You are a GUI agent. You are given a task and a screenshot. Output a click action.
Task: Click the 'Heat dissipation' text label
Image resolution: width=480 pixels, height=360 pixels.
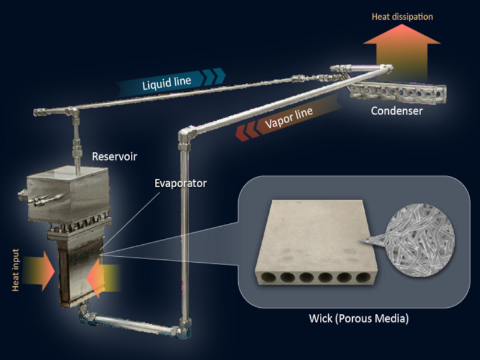point(403,17)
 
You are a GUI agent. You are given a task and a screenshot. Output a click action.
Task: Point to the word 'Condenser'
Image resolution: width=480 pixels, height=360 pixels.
point(397,111)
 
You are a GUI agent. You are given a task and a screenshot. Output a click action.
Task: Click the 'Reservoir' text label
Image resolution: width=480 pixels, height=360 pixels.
point(115,157)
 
